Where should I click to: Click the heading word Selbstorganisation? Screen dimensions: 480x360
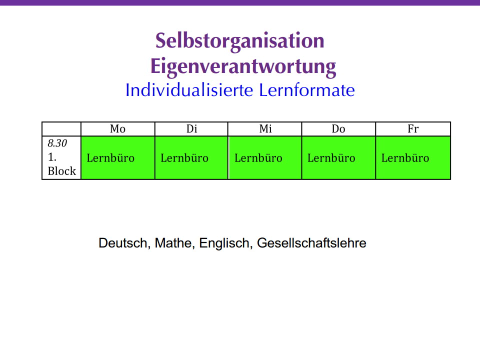(239, 41)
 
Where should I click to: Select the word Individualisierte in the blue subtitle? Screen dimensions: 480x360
(189, 90)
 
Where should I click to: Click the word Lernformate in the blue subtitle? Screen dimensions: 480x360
(307, 90)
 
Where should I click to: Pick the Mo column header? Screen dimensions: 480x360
(118, 128)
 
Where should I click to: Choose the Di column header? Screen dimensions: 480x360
(191, 128)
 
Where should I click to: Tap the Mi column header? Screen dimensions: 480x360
(265, 128)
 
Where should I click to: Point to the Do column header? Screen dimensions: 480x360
(338, 128)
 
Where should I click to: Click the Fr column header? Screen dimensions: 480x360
(413, 128)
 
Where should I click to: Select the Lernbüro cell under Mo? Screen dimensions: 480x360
(118, 157)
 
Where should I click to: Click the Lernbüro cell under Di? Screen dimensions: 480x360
(191, 157)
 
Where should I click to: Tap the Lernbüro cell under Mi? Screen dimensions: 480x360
(265, 157)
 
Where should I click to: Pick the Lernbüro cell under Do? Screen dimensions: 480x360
(338, 157)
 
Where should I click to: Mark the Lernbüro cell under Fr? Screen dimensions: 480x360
(413, 157)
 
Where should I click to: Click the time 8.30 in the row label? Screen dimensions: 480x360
(57, 143)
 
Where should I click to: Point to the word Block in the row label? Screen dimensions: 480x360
(62, 171)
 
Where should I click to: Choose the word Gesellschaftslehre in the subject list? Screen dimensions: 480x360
(311, 243)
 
